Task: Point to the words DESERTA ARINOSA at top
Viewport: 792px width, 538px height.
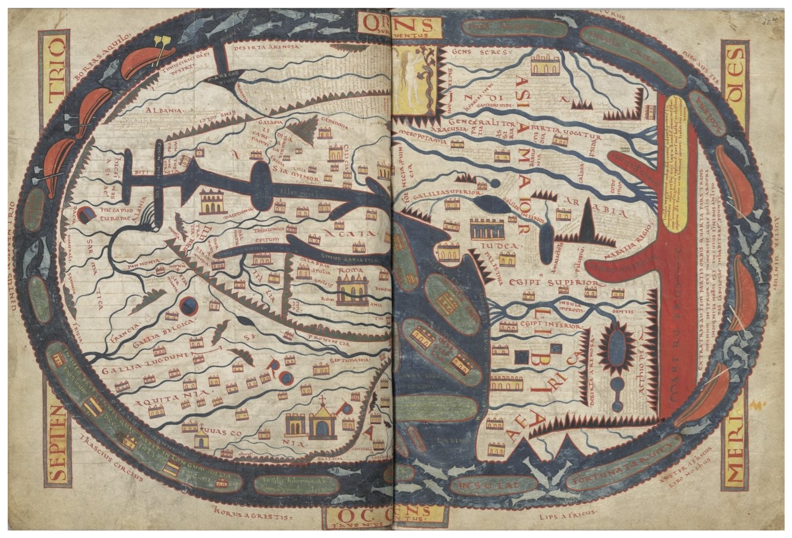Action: tap(267, 47)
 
